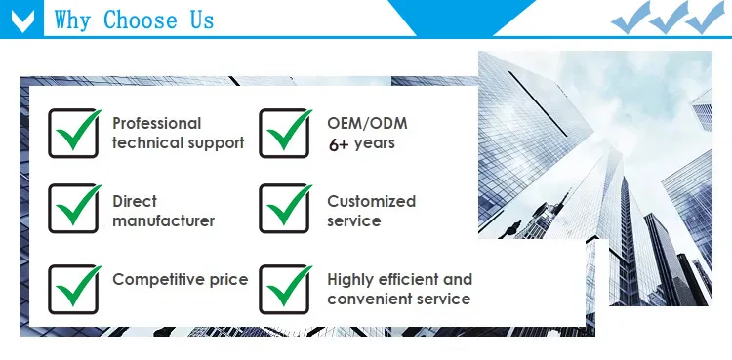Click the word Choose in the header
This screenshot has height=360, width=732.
tap(140, 20)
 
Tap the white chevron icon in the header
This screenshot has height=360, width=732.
tap(21, 20)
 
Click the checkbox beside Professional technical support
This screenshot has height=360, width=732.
tap(73, 134)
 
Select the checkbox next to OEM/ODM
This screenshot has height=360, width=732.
tap(284, 134)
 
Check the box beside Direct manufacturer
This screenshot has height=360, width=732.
tap(73, 209)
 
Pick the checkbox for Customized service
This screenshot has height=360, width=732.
tap(284, 209)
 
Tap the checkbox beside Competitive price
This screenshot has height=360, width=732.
tap(73, 290)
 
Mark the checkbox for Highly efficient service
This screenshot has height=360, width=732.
tap(284, 290)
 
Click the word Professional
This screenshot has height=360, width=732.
tap(157, 123)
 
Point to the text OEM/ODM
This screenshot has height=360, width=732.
tap(367, 123)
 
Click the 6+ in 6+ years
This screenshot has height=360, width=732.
tap(339, 144)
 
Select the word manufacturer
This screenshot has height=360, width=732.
tap(163, 220)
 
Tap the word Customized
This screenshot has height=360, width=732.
tap(371, 201)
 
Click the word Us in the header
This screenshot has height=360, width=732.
tap(202, 20)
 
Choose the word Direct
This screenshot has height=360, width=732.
tap(135, 201)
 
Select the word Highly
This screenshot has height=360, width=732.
tap(349, 280)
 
